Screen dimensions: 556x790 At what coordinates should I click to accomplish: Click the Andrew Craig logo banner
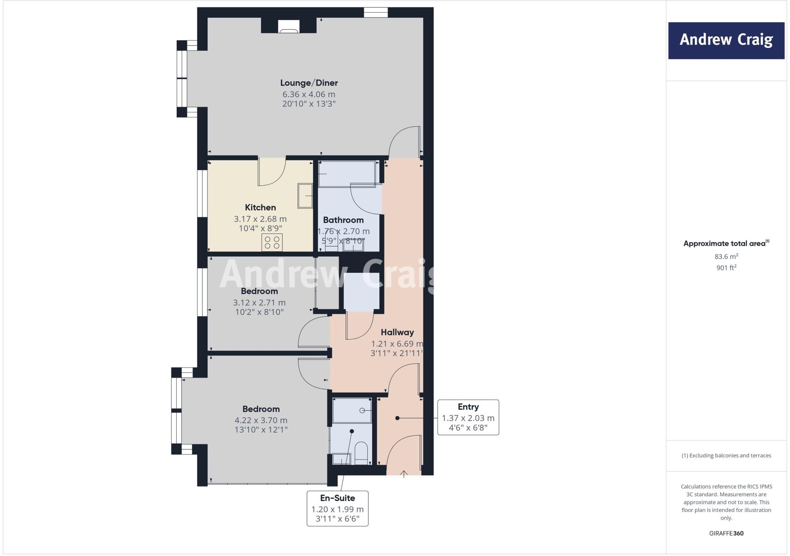coord(726,40)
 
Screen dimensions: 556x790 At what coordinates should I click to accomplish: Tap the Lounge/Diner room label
coord(309,83)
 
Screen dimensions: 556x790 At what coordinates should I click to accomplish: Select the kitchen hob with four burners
coord(272,243)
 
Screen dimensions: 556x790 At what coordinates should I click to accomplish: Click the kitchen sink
coord(305,196)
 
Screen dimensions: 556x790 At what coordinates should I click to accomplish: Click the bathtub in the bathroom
coord(347,174)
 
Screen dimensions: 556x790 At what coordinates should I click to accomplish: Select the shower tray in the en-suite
coord(352,411)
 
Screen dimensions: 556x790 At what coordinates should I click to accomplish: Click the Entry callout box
coord(468,418)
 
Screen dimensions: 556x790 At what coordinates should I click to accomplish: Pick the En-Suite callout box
coord(338,509)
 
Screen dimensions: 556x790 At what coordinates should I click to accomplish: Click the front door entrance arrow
coord(404,474)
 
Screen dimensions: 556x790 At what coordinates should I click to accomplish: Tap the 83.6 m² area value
coord(726,256)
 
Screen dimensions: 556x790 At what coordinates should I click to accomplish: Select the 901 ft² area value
coord(726,268)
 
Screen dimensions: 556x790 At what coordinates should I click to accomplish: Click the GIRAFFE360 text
coord(726,533)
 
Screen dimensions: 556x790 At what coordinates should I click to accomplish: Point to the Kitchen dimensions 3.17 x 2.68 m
coord(260,219)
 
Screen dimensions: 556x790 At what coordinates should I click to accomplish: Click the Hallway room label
coord(397,332)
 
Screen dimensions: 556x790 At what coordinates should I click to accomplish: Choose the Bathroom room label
coord(343,220)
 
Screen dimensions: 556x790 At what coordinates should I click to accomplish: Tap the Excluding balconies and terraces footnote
coord(726,455)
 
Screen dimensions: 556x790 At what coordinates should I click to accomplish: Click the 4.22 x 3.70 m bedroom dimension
coord(261,420)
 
